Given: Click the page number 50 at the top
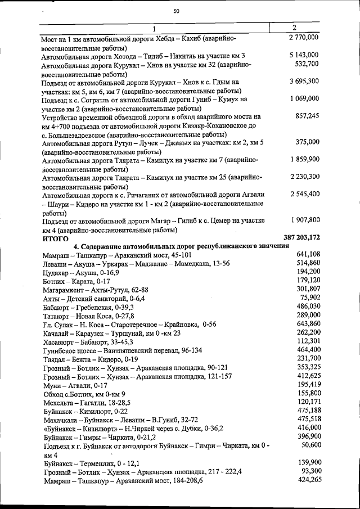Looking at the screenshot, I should click(x=176, y=11).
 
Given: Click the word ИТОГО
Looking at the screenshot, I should click(x=56, y=238).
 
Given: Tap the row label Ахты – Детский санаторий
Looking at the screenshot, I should click(x=93, y=298).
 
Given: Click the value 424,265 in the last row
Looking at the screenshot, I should click(x=308, y=480).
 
